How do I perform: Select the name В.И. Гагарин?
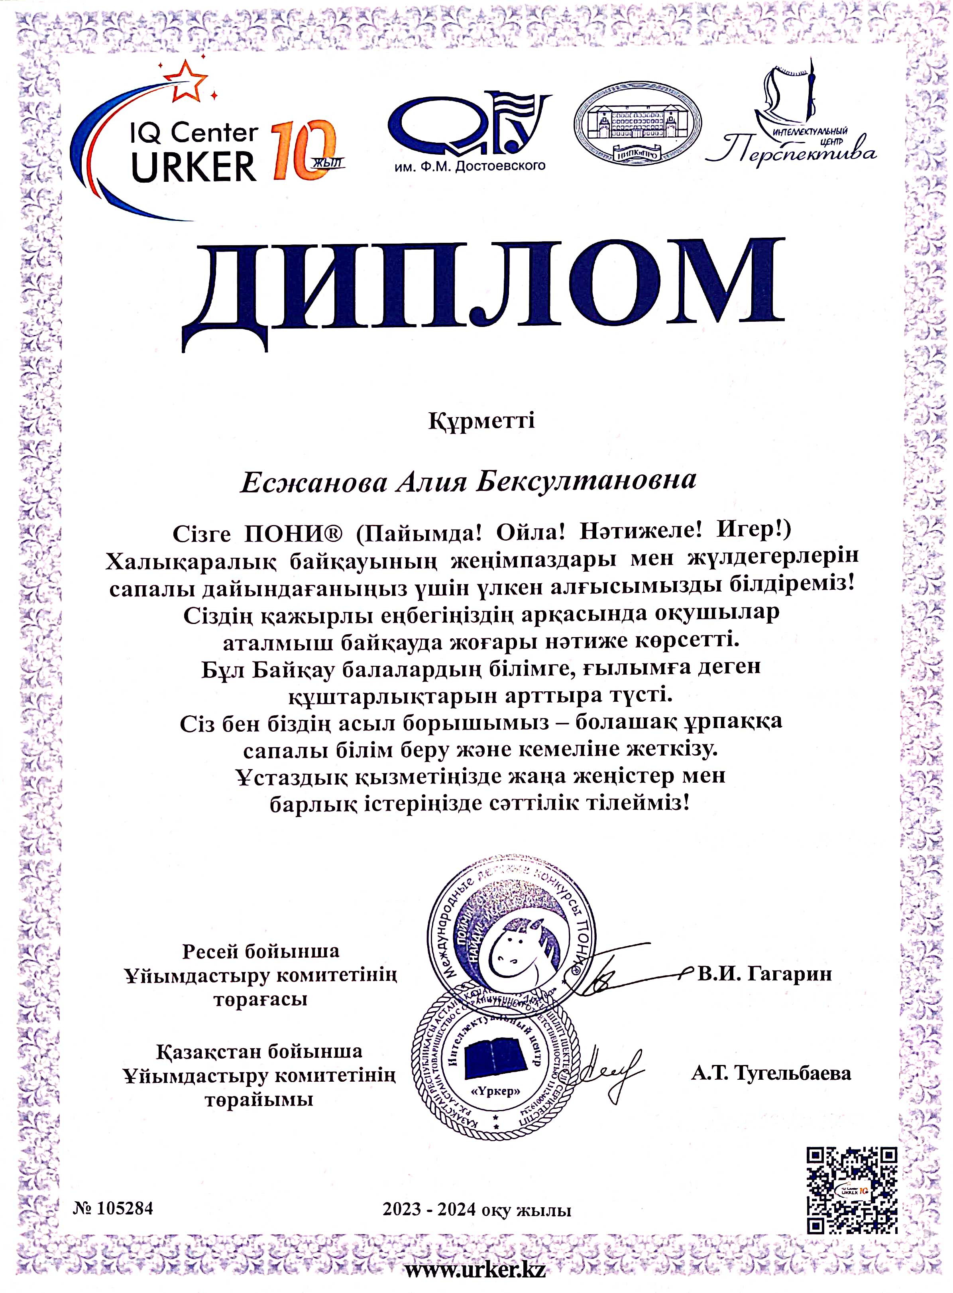coord(764,974)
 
